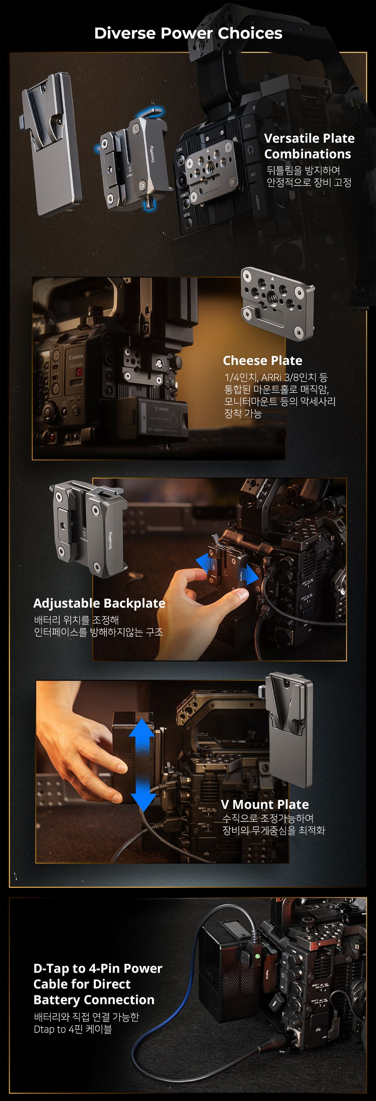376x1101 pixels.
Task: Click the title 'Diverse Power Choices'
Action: pyautogui.click(x=188, y=33)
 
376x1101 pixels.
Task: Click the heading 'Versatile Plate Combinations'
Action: pyautogui.click(x=309, y=146)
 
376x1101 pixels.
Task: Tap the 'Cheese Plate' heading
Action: pyautogui.click(x=262, y=361)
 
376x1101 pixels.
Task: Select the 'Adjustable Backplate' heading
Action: pyautogui.click(x=99, y=603)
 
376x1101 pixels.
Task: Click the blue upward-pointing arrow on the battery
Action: pyautogui.click(x=141, y=733)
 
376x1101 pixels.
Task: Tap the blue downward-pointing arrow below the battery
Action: pyautogui.click(x=143, y=795)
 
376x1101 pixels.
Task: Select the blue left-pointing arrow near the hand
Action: pyautogui.click(x=203, y=563)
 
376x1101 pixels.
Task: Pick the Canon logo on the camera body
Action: pyautogui.click(x=76, y=357)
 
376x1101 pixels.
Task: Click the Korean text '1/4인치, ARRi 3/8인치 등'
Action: pyautogui.click(x=276, y=377)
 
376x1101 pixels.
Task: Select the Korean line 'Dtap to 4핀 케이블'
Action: pyautogui.click(x=73, y=1029)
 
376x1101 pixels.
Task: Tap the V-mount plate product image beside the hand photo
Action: pyautogui.click(x=289, y=730)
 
